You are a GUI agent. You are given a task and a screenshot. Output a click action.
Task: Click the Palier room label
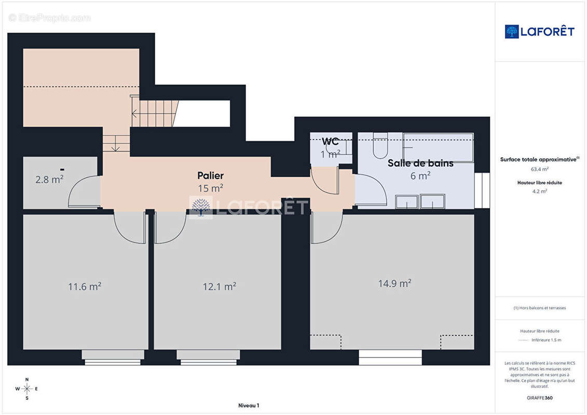pyautogui.click(x=210, y=175)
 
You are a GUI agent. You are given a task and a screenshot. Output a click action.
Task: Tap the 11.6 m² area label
pyautogui.click(x=85, y=286)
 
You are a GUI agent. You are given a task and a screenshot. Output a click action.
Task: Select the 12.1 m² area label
pyautogui.click(x=220, y=286)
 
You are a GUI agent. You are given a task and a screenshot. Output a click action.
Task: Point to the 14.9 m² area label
pyautogui.click(x=394, y=283)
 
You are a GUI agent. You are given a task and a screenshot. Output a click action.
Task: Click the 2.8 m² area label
pyautogui.click(x=49, y=179)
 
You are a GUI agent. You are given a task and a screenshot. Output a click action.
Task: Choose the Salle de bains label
pyautogui.click(x=420, y=163)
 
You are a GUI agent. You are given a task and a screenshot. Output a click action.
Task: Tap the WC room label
pyautogui.click(x=330, y=142)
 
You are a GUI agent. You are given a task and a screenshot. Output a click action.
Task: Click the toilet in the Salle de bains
pyautogui.click(x=380, y=146)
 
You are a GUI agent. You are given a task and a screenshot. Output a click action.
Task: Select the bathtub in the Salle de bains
pyautogui.click(x=439, y=147)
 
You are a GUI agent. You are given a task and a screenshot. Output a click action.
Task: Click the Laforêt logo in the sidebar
pyautogui.click(x=539, y=32)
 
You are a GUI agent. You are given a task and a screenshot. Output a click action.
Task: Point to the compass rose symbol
pyautogui.click(x=26, y=389)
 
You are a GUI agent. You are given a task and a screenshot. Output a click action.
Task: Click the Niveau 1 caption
pyautogui.click(x=249, y=405)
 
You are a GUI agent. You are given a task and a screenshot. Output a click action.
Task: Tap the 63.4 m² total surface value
pyautogui.click(x=539, y=169)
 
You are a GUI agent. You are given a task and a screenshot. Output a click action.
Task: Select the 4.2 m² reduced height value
pyautogui.click(x=539, y=191)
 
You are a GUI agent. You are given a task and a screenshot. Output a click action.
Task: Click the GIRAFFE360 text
pyautogui.click(x=539, y=398)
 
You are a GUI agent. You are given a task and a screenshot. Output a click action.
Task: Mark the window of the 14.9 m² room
pyautogui.click(x=390, y=357)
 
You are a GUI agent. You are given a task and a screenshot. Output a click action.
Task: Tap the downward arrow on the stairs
pyautogui.click(x=116, y=143)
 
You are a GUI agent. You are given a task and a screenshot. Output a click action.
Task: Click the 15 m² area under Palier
pyautogui.click(x=210, y=188)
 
